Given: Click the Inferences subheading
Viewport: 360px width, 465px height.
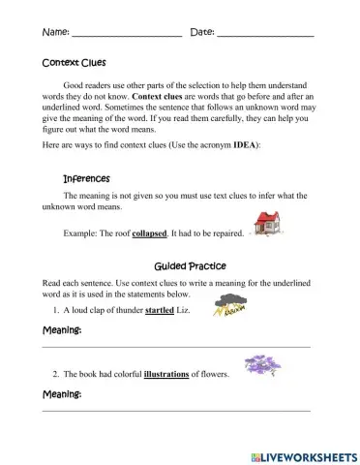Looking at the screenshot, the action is tap(86, 178).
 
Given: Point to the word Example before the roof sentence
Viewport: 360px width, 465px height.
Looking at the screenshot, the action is tap(79, 233).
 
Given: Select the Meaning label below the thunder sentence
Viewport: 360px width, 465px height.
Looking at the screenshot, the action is tap(62, 331).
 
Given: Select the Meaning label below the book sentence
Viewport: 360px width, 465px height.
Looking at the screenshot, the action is tap(62, 394).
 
